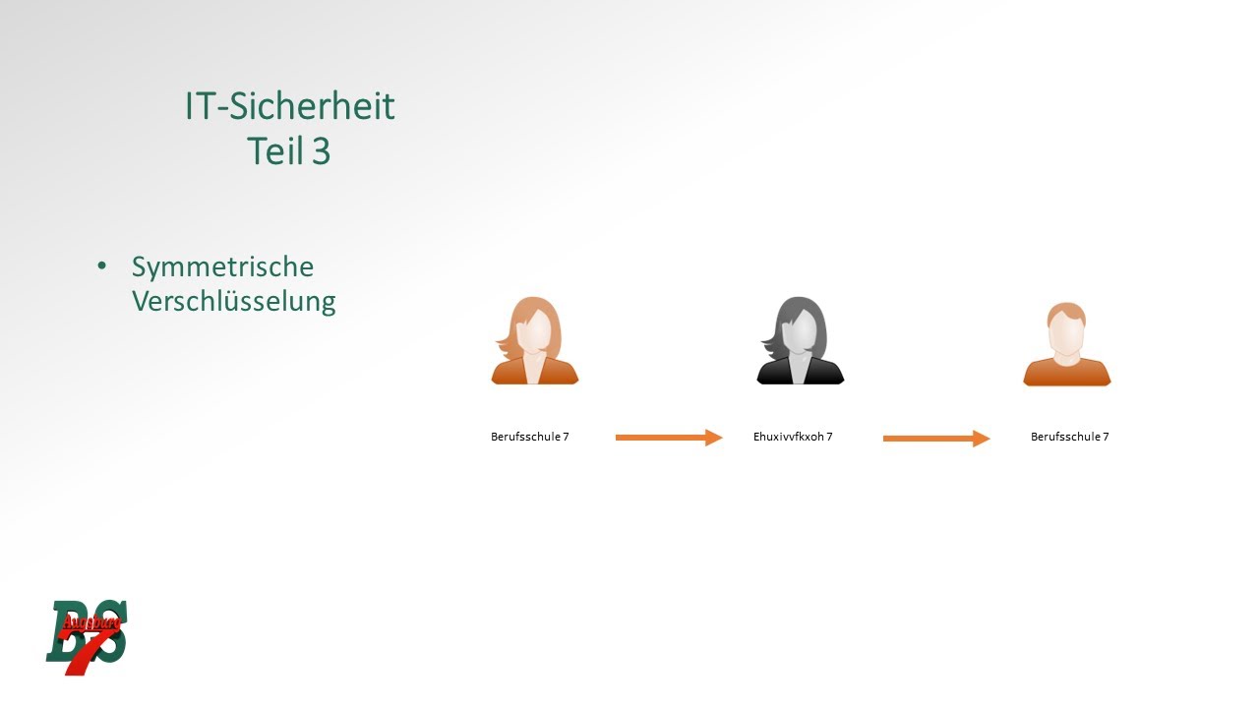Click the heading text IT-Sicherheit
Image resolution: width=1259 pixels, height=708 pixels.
click(x=289, y=106)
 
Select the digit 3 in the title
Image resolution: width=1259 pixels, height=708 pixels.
click(x=321, y=151)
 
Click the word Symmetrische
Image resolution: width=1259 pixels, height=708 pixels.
click(x=222, y=267)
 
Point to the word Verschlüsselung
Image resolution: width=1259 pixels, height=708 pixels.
click(x=233, y=301)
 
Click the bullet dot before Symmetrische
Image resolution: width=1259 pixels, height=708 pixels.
click(x=101, y=266)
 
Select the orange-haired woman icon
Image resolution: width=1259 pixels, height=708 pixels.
click(x=534, y=340)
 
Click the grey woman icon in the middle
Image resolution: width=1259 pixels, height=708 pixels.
click(x=800, y=340)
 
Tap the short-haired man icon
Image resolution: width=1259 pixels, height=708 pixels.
click(x=1066, y=343)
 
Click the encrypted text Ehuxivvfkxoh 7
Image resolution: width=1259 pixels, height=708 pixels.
click(x=793, y=437)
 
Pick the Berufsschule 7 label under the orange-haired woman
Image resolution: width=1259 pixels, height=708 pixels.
click(x=529, y=437)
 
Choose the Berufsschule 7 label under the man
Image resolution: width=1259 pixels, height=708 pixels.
click(x=1069, y=437)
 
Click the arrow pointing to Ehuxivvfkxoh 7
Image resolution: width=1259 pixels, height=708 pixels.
click(x=669, y=438)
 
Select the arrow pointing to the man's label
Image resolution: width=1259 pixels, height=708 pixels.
click(x=936, y=439)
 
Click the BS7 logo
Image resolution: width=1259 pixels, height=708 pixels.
click(x=88, y=636)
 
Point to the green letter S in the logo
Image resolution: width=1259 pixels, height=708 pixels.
click(x=110, y=637)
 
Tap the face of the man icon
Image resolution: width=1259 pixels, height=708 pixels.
click(x=1066, y=334)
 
